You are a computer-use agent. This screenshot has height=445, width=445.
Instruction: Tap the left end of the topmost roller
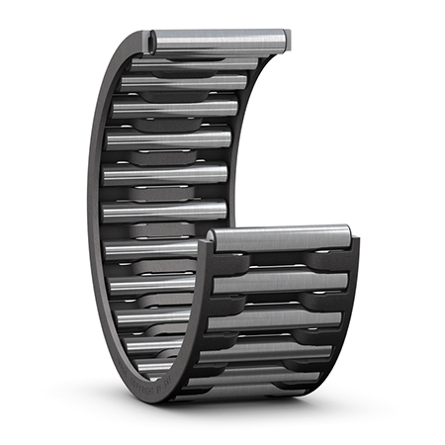click(154, 41)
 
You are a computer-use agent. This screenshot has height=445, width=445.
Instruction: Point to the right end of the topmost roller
click(285, 40)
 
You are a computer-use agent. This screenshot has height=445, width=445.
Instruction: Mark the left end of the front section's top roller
click(214, 240)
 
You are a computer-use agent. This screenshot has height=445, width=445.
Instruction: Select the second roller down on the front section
click(282, 283)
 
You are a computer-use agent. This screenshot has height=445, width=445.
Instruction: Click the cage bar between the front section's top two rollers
click(282, 260)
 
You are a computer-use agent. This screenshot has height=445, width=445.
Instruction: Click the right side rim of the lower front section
click(354, 316)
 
